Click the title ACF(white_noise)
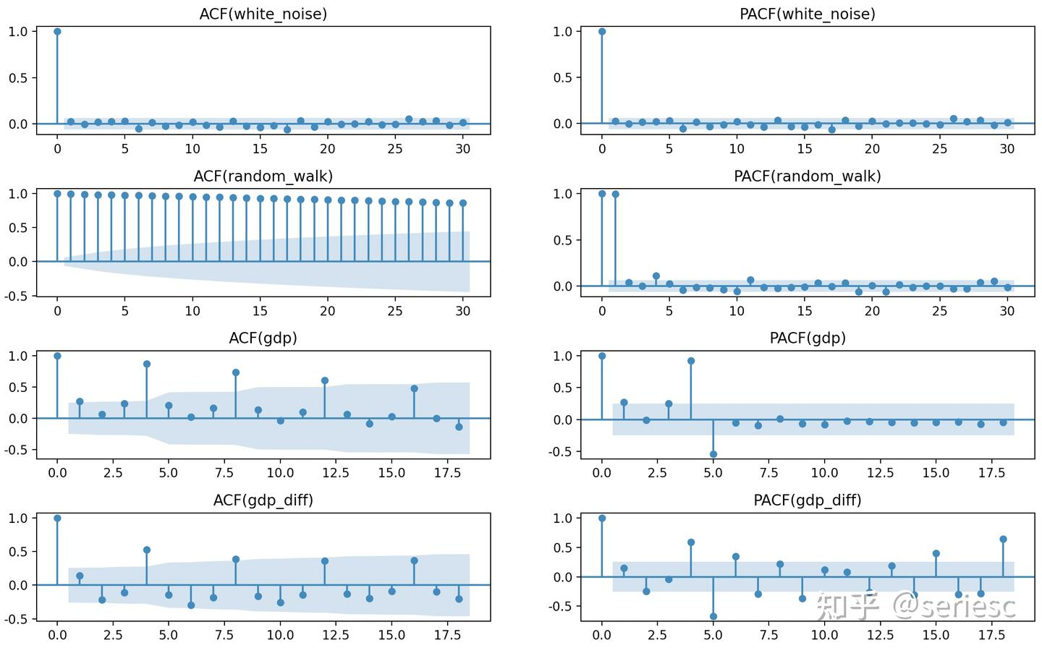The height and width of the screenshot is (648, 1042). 263,14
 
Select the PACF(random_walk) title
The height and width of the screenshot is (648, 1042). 808,176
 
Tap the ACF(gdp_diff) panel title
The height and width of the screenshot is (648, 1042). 263,500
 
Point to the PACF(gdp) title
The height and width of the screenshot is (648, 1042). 808,338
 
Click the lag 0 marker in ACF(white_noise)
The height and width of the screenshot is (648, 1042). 57,32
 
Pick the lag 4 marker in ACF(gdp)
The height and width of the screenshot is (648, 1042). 147,364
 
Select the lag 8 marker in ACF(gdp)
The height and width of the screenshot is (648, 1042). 236,372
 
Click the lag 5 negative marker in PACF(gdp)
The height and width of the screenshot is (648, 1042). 713,454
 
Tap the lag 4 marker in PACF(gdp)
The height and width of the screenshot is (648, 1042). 691,361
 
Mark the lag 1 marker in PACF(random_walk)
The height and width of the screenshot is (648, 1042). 616,194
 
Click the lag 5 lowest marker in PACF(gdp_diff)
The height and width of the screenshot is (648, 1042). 713,617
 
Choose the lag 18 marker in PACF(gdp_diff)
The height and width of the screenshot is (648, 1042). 1003,539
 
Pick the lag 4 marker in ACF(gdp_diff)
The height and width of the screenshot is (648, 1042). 147,550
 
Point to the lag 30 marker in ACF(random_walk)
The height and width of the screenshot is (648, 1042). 463,203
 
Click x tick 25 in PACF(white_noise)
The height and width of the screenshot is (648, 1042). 939,148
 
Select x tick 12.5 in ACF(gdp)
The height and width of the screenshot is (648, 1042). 325,473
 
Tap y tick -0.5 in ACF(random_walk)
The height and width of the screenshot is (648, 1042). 18,296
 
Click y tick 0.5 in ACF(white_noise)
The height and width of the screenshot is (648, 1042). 18,77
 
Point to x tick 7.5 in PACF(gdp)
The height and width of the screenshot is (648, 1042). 768,473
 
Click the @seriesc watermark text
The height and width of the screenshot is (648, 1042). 954,606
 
